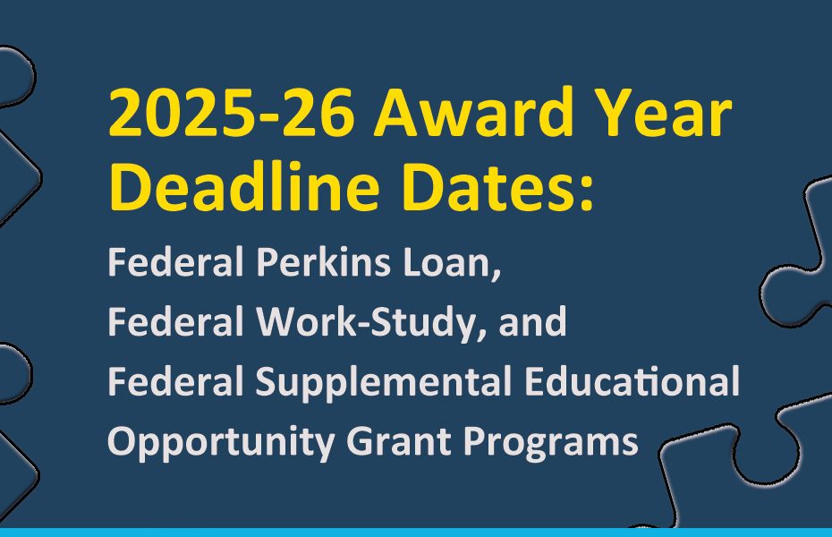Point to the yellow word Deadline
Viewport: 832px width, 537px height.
click(244, 185)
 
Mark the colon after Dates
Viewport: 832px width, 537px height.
click(586, 193)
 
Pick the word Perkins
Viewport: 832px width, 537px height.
click(323, 261)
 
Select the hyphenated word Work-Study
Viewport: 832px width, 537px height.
click(369, 322)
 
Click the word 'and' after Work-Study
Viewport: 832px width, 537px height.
click(532, 321)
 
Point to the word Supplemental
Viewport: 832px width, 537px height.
click(383, 382)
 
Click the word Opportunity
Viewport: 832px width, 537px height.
click(221, 442)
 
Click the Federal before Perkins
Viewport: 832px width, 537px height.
click(175, 261)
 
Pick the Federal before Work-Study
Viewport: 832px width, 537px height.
click(175, 321)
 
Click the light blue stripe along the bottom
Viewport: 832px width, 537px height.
click(416, 533)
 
